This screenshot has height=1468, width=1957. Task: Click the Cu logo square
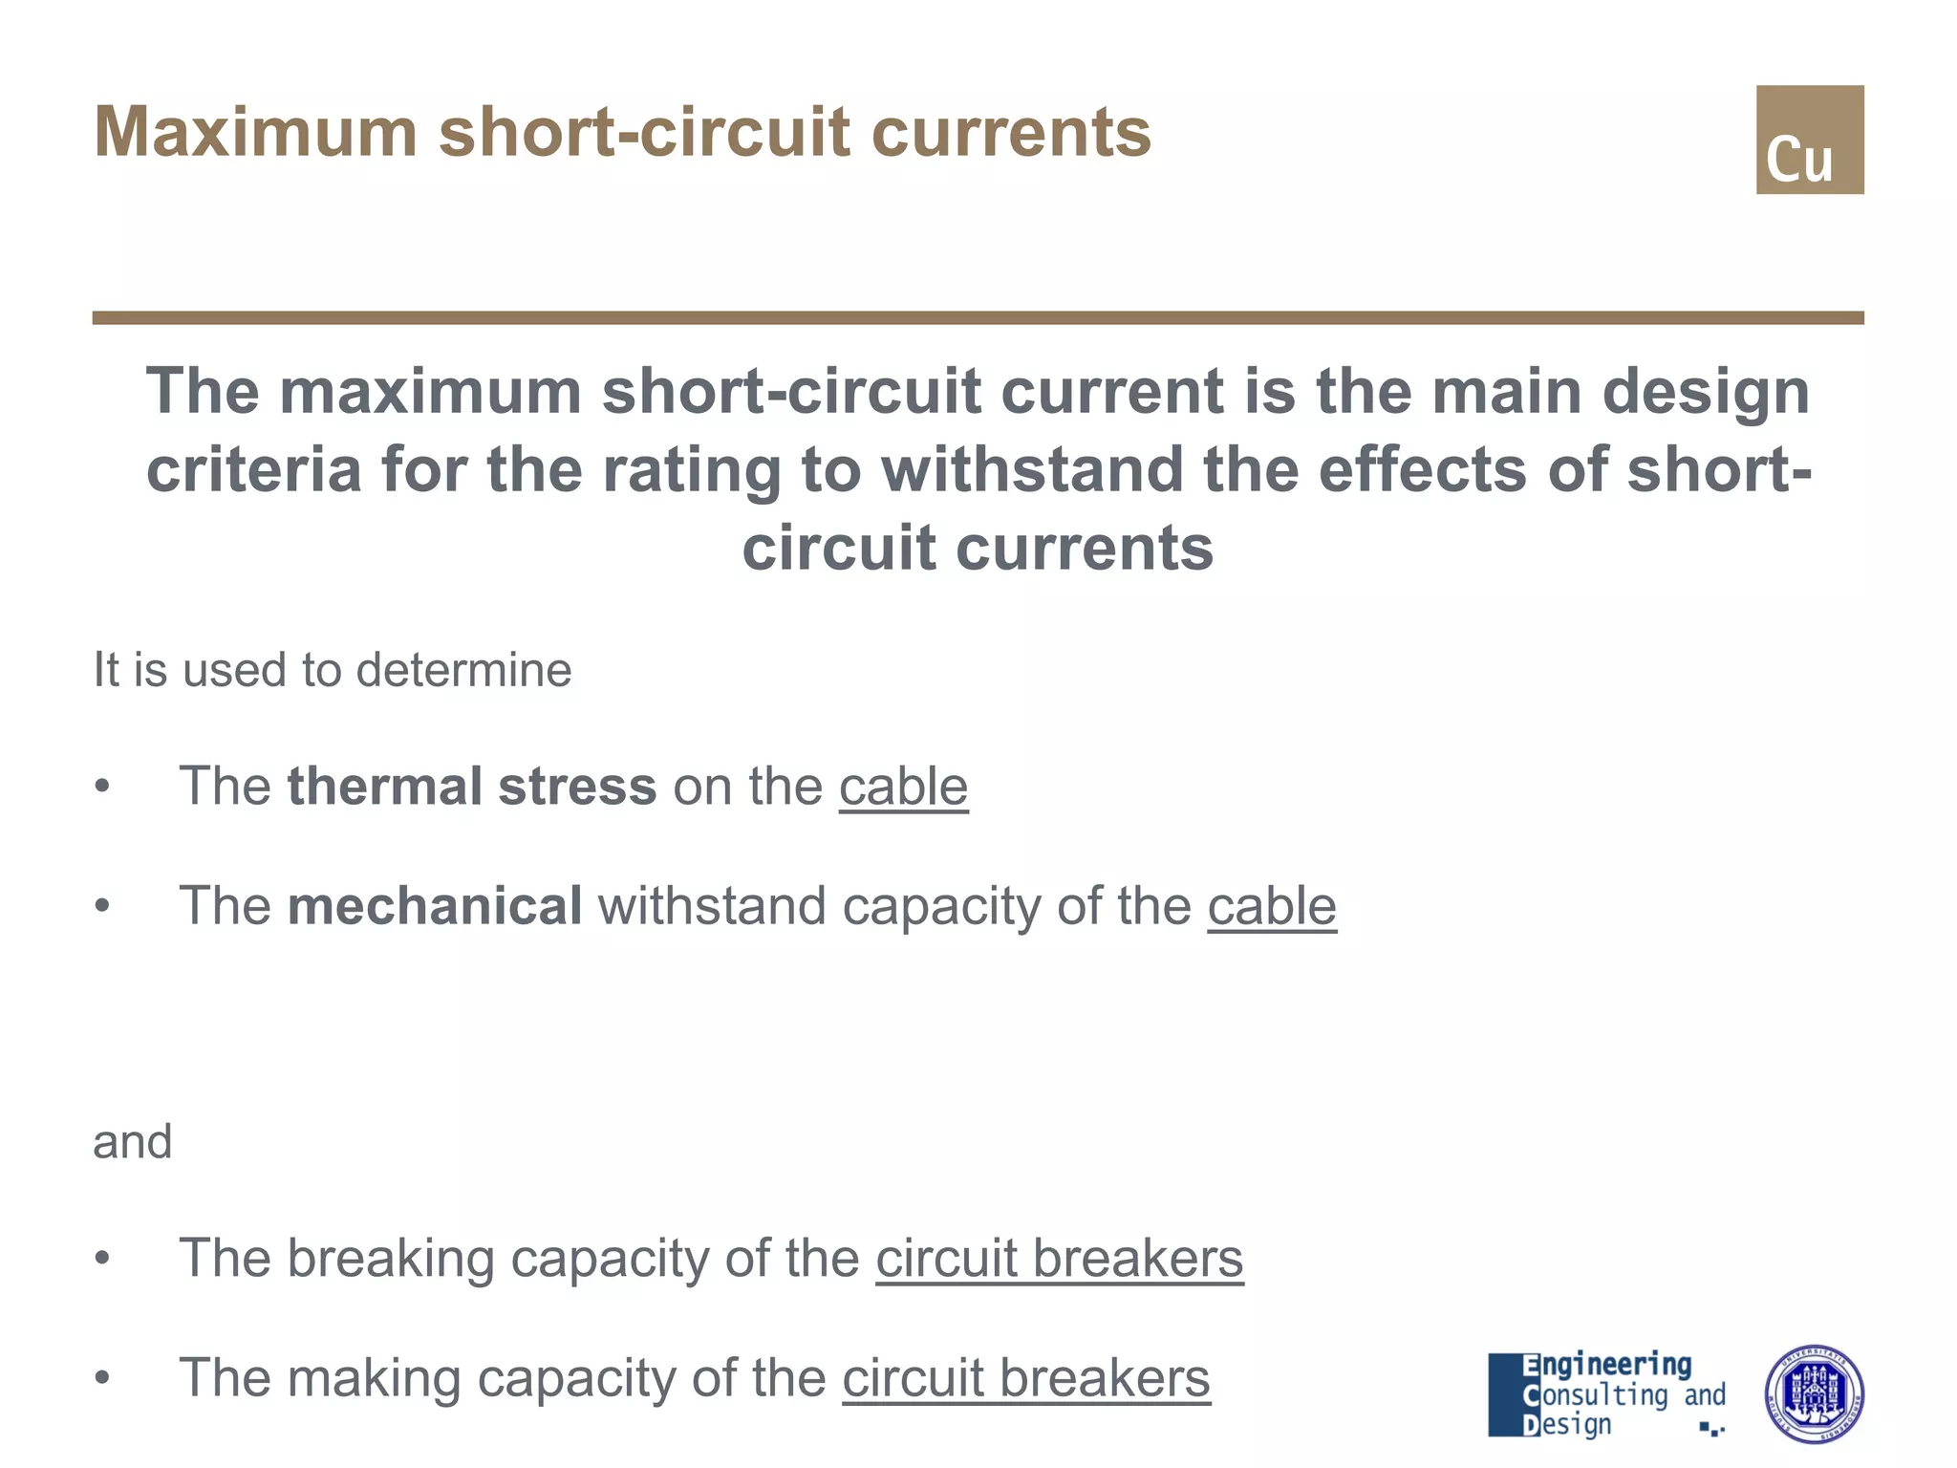pos(1809,140)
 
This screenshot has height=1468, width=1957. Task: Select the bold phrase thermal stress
pos(472,787)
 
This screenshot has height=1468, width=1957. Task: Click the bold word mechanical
pos(435,906)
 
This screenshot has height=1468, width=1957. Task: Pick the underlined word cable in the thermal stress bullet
pos(903,787)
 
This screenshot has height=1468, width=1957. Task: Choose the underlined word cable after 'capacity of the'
pos(1271,906)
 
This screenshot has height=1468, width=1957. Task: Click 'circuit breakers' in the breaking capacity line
pos(1059,1258)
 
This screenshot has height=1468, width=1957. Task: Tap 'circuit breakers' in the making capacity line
pos(1025,1378)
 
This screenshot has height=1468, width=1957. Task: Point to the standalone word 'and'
pos(133,1142)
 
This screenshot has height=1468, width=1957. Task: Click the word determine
pos(463,670)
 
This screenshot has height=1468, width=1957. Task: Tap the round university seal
pos(1813,1394)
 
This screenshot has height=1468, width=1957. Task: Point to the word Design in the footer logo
pos(1567,1424)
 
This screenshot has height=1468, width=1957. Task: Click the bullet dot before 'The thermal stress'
pos(103,787)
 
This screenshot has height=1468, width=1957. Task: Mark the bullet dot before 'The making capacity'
pos(103,1378)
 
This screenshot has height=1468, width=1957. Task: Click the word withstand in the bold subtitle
pos(1032,470)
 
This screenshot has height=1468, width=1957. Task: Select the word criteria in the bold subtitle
pos(253,470)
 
